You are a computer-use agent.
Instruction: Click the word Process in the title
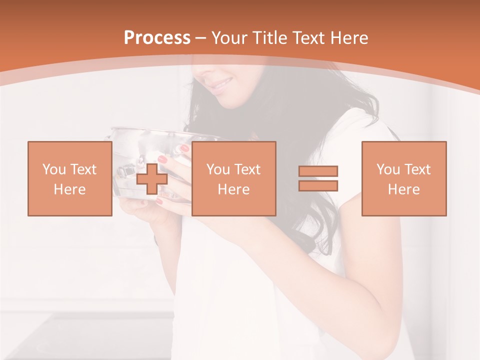[x=157, y=38]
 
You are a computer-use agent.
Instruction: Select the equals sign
[x=318, y=178]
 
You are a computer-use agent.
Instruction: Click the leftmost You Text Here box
[x=70, y=178]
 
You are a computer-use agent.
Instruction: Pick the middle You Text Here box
[x=233, y=178]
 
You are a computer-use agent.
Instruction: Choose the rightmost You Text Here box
[x=403, y=178]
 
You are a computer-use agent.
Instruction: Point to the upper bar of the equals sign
[x=318, y=171]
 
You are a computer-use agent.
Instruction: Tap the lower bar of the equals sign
[x=318, y=185]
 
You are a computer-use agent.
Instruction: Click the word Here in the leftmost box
[x=70, y=189]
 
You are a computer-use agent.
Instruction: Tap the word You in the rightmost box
[x=388, y=169]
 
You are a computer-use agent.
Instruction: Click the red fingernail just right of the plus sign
[x=162, y=159]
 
